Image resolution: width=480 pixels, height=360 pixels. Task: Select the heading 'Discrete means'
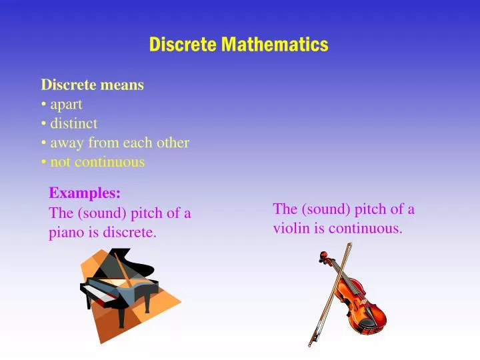pos(93,85)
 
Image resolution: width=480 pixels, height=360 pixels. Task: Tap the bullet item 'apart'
pos(66,104)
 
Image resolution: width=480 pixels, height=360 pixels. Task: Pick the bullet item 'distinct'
pos(73,123)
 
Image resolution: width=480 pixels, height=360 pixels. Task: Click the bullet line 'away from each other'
pos(119,143)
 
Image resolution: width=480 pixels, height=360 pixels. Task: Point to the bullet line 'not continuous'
pos(97,162)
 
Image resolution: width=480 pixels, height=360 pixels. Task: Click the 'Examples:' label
pos(85,193)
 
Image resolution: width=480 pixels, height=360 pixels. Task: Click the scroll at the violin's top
pos(323,257)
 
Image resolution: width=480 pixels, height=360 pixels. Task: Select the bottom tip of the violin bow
pos(310,344)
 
